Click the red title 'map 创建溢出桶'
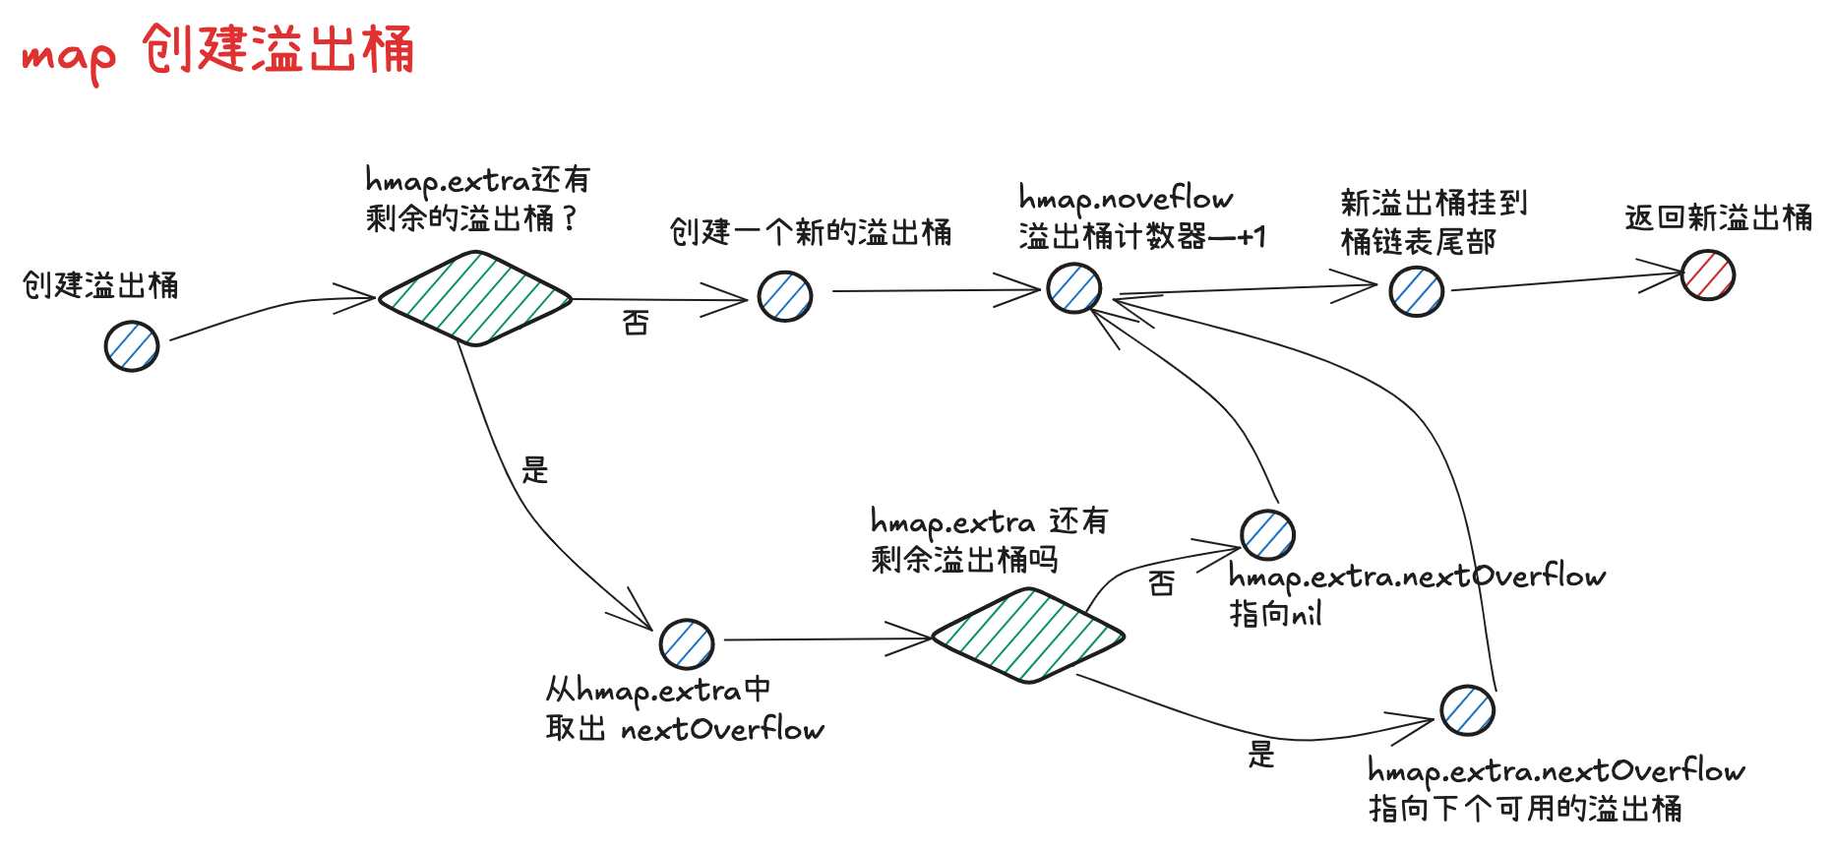(x=217, y=51)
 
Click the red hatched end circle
(x=1707, y=274)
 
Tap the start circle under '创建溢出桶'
(x=132, y=346)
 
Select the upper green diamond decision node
(x=475, y=298)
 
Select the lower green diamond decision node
(x=1027, y=636)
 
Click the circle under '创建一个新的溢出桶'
(x=785, y=296)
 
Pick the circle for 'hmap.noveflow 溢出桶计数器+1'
(x=1073, y=288)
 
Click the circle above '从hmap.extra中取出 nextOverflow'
(x=687, y=644)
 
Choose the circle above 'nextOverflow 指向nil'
(x=1267, y=535)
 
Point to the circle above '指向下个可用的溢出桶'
(x=1467, y=710)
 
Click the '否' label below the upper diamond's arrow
(x=636, y=323)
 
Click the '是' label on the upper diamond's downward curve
(x=534, y=470)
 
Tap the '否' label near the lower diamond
(x=1161, y=583)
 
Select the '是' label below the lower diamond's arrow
(x=1261, y=755)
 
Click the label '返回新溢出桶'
(x=1718, y=217)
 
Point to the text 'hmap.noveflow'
(x=1126, y=199)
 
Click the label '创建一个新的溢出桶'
(x=811, y=232)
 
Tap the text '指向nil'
(x=1275, y=615)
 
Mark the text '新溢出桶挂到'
(x=1434, y=203)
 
